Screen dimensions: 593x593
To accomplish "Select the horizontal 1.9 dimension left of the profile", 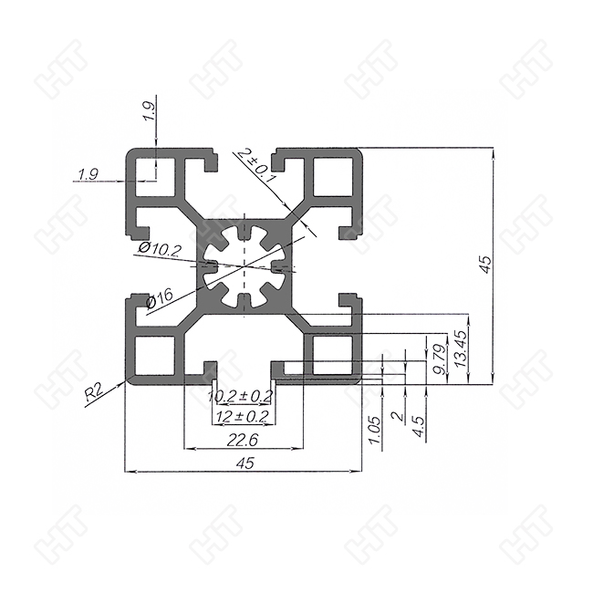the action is tap(88, 173).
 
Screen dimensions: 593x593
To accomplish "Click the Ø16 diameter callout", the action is tap(160, 297).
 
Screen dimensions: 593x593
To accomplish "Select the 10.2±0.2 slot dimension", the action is tap(241, 396).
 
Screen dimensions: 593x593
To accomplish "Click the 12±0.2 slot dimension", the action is tap(241, 416).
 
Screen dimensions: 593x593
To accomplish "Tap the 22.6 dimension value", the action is tap(243, 440).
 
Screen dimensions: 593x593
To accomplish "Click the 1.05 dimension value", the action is tap(373, 429).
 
